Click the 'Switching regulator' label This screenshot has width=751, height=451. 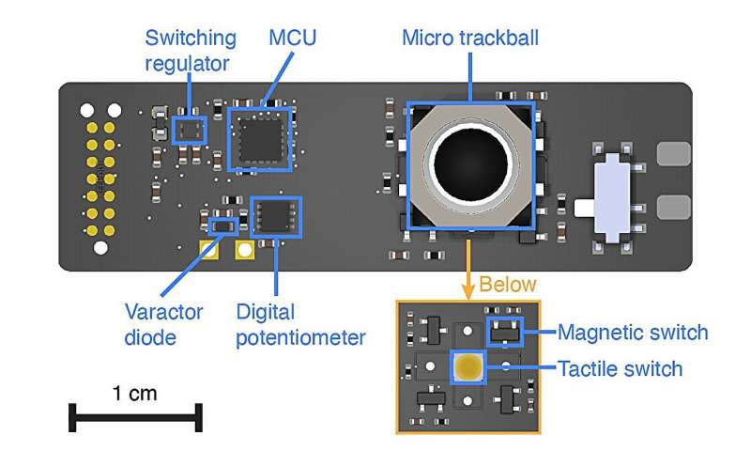[191, 52]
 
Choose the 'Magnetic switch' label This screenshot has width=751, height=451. [633, 333]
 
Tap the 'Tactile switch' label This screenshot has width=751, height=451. [620, 368]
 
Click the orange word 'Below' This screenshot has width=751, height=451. [509, 285]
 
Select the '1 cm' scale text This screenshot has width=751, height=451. [135, 394]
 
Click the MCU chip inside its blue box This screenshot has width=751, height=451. [260, 139]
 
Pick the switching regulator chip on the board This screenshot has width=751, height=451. [191, 130]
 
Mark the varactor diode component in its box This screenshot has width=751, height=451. [222, 225]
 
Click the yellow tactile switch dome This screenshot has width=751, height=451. [467, 367]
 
